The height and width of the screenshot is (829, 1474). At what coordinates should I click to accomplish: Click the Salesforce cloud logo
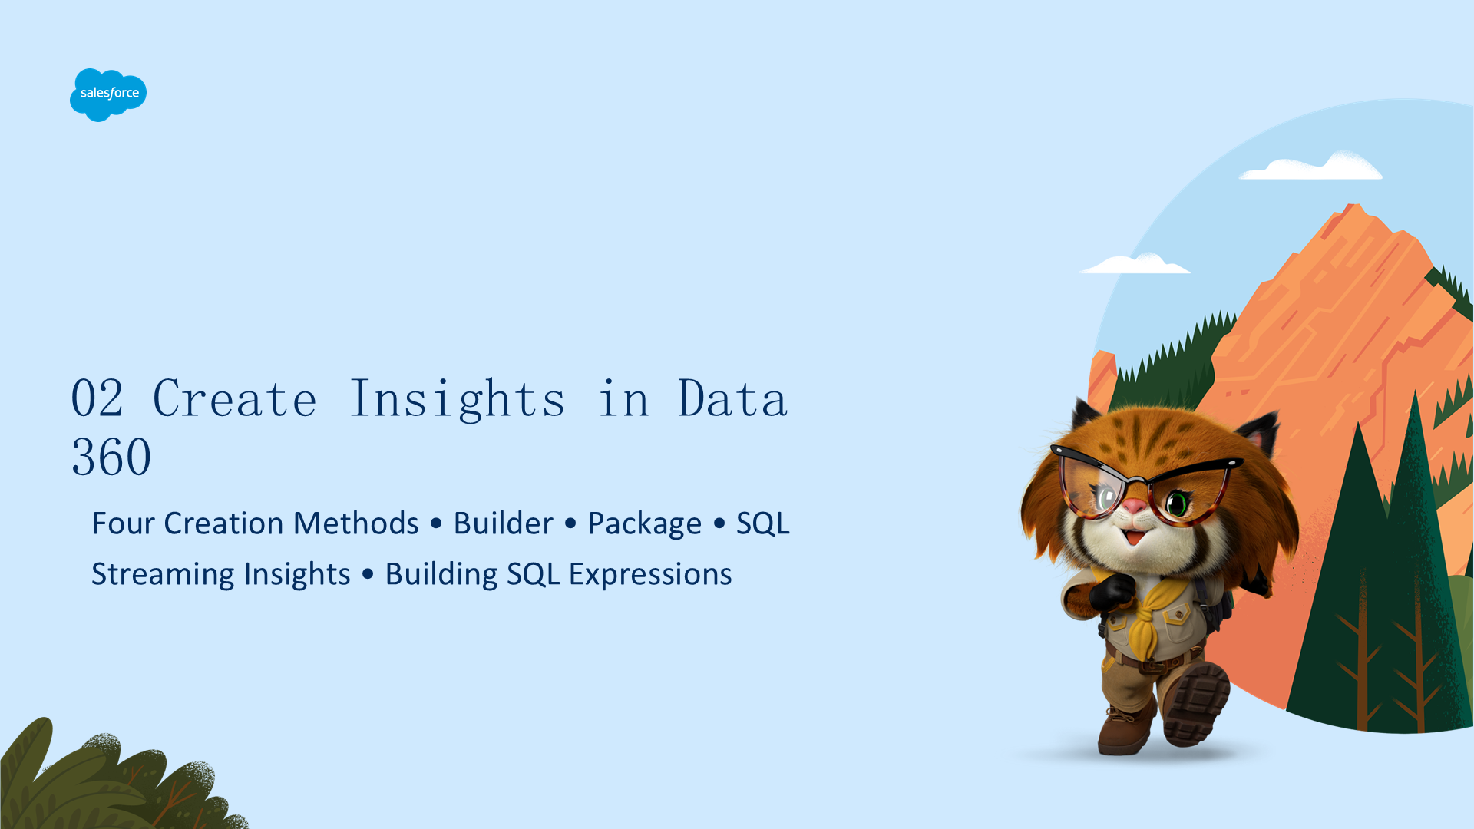[108, 94]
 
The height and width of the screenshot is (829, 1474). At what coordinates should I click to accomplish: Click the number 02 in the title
[97, 398]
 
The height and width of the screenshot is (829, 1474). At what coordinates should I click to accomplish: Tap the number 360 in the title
[111, 457]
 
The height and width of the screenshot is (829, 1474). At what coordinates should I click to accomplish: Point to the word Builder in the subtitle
[503, 523]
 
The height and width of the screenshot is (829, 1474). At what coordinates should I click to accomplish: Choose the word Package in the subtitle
[644, 524]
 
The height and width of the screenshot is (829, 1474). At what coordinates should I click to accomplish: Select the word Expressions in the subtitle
[650, 575]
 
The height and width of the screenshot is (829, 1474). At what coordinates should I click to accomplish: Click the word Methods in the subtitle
[355, 523]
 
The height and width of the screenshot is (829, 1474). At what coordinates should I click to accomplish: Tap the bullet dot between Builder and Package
[570, 523]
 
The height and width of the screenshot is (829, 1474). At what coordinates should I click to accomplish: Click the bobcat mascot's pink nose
[1134, 506]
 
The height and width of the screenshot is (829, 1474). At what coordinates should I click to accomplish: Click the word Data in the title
[733, 398]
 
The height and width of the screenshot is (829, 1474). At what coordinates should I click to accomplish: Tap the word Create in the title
[235, 398]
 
